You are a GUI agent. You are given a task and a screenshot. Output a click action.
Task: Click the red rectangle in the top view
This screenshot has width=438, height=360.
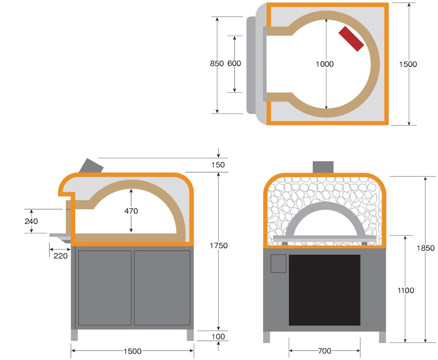tap(351, 39)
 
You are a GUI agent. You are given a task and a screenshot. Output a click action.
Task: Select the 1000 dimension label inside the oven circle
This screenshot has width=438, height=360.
tap(325, 64)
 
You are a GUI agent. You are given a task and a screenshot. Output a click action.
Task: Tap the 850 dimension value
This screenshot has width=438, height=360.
tap(217, 64)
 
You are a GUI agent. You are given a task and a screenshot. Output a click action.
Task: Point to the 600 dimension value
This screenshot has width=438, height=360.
tap(234, 64)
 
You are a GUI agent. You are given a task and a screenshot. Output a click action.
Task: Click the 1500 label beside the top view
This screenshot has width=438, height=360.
tap(408, 64)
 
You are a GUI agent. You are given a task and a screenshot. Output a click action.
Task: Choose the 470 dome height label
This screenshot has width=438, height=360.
tap(131, 211)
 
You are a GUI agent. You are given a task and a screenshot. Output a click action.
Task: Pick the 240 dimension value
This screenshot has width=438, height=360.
tap(31, 221)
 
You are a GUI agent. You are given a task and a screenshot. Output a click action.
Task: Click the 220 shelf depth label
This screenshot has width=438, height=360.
tap(60, 256)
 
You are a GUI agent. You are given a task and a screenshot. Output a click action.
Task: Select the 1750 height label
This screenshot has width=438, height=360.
tap(219, 246)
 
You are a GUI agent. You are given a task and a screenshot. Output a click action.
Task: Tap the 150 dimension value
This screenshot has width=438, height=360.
tap(218, 165)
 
